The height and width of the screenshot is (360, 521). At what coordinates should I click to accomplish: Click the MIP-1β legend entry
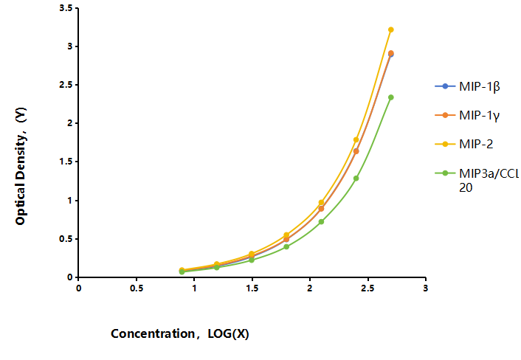pos(468,86)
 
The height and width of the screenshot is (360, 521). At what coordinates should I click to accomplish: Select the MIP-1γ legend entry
pos(468,115)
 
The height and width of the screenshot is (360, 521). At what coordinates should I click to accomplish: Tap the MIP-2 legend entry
pos(464,144)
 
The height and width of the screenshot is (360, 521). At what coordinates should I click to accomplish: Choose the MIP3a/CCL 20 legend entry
pos(477,180)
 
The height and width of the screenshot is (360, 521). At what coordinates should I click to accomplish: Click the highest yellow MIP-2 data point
pos(391,30)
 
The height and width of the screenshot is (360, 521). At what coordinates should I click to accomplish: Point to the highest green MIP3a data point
pos(391,97)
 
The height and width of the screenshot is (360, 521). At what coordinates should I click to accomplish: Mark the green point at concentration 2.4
pos(356,179)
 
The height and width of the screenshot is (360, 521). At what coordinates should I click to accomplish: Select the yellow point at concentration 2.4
pos(356,139)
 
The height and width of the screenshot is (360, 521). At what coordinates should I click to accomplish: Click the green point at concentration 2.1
pos(321,221)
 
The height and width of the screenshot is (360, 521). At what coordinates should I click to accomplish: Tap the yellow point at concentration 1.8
pos(286,235)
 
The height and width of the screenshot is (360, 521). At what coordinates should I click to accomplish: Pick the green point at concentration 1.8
pos(286,246)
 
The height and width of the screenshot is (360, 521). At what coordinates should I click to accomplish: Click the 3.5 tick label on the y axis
pos(66,8)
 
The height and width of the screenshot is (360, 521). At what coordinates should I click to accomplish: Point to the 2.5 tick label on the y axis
pos(66,85)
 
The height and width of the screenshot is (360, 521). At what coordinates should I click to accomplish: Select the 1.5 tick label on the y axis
pos(66,162)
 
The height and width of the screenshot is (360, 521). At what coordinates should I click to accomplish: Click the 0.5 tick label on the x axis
pos(137,288)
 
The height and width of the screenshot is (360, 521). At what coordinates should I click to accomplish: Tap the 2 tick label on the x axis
pos(310,288)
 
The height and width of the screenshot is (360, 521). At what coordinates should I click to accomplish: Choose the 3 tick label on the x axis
pos(425,288)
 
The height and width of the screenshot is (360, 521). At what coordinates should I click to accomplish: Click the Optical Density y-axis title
pos(21,166)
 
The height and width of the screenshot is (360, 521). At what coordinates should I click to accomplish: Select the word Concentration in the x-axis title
pos(153,333)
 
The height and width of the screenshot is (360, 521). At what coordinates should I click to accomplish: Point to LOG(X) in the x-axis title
pos(228,333)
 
